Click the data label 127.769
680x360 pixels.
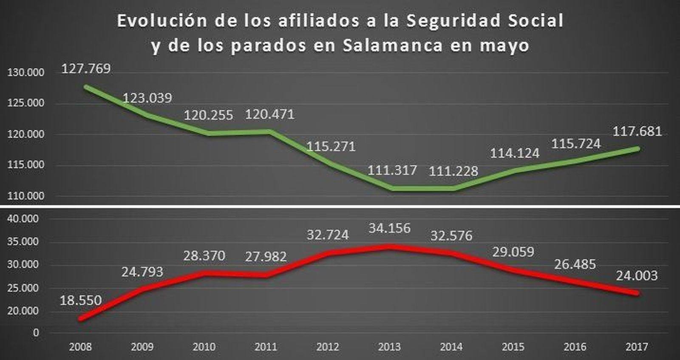86,68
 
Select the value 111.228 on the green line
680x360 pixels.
453,171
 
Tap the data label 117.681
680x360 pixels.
637,131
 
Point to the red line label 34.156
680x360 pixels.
389,228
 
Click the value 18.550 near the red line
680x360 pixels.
81,300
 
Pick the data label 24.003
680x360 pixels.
637,276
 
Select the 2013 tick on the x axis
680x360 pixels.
389,347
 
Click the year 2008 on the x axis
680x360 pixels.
80,347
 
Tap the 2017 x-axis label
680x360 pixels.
637,347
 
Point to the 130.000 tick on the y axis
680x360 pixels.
25,73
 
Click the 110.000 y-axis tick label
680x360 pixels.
25,196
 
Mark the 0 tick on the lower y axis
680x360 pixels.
36,333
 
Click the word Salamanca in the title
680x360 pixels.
393,45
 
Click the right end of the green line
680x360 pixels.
637,148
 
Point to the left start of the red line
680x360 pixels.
81,318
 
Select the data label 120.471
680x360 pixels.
269,114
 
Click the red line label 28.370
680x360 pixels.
204,256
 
